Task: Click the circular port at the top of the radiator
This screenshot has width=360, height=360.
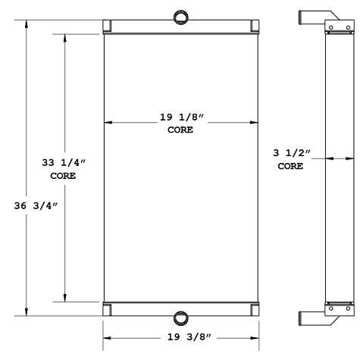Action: [x=181, y=17]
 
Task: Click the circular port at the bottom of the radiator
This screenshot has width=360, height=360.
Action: [x=181, y=318]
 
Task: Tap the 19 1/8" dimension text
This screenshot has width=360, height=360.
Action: [x=180, y=117]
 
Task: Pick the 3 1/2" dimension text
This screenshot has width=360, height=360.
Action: [x=290, y=153]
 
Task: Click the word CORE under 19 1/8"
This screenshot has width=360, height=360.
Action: [x=180, y=130]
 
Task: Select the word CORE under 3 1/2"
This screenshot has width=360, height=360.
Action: [x=290, y=166]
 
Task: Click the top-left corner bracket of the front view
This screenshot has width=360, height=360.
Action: [x=108, y=26]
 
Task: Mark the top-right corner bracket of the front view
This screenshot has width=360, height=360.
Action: [x=254, y=26]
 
